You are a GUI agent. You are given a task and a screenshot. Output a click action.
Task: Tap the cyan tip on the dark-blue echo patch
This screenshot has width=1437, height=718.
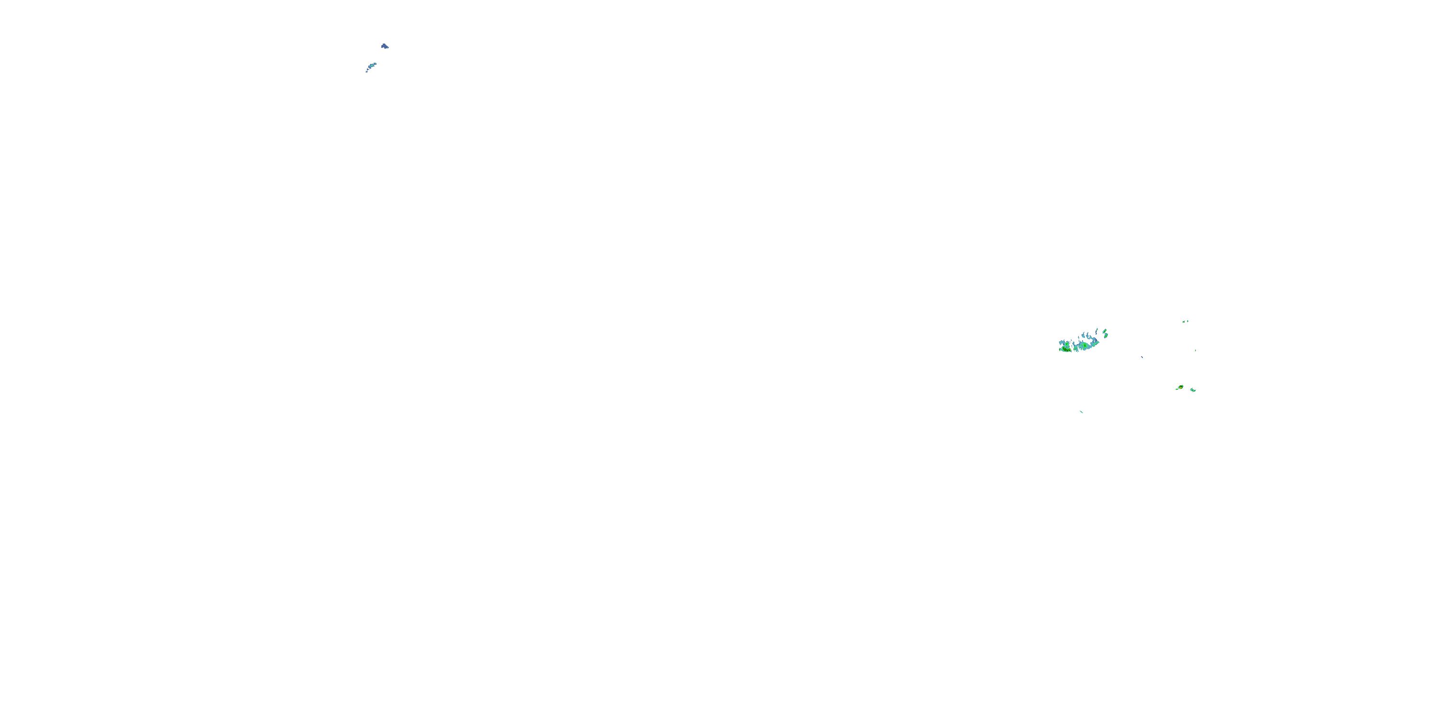click(x=388, y=48)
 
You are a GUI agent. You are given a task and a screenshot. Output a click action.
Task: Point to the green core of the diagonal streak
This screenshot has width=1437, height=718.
click(x=372, y=66)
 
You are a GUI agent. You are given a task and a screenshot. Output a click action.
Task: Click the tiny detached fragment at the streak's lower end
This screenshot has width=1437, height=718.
click(x=366, y=72)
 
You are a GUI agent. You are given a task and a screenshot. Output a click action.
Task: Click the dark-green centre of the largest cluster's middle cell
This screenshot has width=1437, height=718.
click(x=1085, y=346)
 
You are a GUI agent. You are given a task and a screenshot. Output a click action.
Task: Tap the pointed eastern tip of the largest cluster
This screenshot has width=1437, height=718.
click(x=1099, y=342)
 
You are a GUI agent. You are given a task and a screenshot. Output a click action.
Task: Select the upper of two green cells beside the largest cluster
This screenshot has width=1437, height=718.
click(x=1105, y=331)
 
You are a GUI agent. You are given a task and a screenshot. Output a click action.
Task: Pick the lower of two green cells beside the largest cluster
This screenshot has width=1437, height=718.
click(x=1106, y=336)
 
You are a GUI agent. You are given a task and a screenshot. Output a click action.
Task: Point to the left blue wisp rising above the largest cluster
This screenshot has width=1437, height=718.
click(x=1084, y=335)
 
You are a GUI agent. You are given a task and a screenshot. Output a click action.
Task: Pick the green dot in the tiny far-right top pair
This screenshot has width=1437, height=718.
click(x=1184, y=322)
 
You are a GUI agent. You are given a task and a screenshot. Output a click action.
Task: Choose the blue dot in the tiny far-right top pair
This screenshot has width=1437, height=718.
click(x=1187, y=321)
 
